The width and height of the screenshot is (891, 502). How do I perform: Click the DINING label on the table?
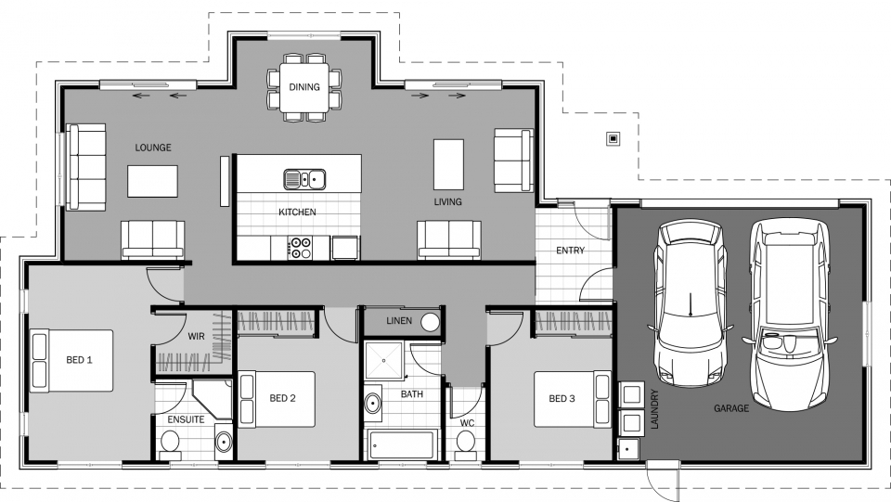pos(304,87)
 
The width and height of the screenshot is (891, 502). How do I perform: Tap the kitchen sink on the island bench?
pos(304,179)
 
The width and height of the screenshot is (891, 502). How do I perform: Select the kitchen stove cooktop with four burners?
pos(300,248)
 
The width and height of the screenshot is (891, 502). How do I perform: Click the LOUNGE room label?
pos(153,148)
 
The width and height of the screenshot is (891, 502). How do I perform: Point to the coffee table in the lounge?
pos(152,181)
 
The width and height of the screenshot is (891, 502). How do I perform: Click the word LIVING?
pos(447,201)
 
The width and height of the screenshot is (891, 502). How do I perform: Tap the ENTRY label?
pos(570,251)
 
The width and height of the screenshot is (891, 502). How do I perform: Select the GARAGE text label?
pos(731,408)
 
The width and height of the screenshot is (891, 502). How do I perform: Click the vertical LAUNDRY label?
pos(654,409)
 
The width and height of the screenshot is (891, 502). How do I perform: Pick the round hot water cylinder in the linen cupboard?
pos(430,322)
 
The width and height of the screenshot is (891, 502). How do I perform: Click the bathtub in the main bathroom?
pos(401,445)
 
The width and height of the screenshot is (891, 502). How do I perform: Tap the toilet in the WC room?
pos(466,443)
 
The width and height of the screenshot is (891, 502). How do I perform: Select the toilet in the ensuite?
pos(169,444)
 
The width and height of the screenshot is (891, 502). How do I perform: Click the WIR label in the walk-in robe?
pos(196,337)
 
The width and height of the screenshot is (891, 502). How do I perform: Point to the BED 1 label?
pos(79,360)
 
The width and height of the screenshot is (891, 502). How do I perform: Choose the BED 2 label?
pos(282,399)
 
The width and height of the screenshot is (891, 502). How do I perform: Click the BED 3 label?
pos(562,399)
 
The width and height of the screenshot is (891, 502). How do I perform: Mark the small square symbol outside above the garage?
pos(613,138)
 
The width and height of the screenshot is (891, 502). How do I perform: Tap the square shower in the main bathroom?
pos(383,360)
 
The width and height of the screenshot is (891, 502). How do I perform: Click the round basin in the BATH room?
pos(373,404)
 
